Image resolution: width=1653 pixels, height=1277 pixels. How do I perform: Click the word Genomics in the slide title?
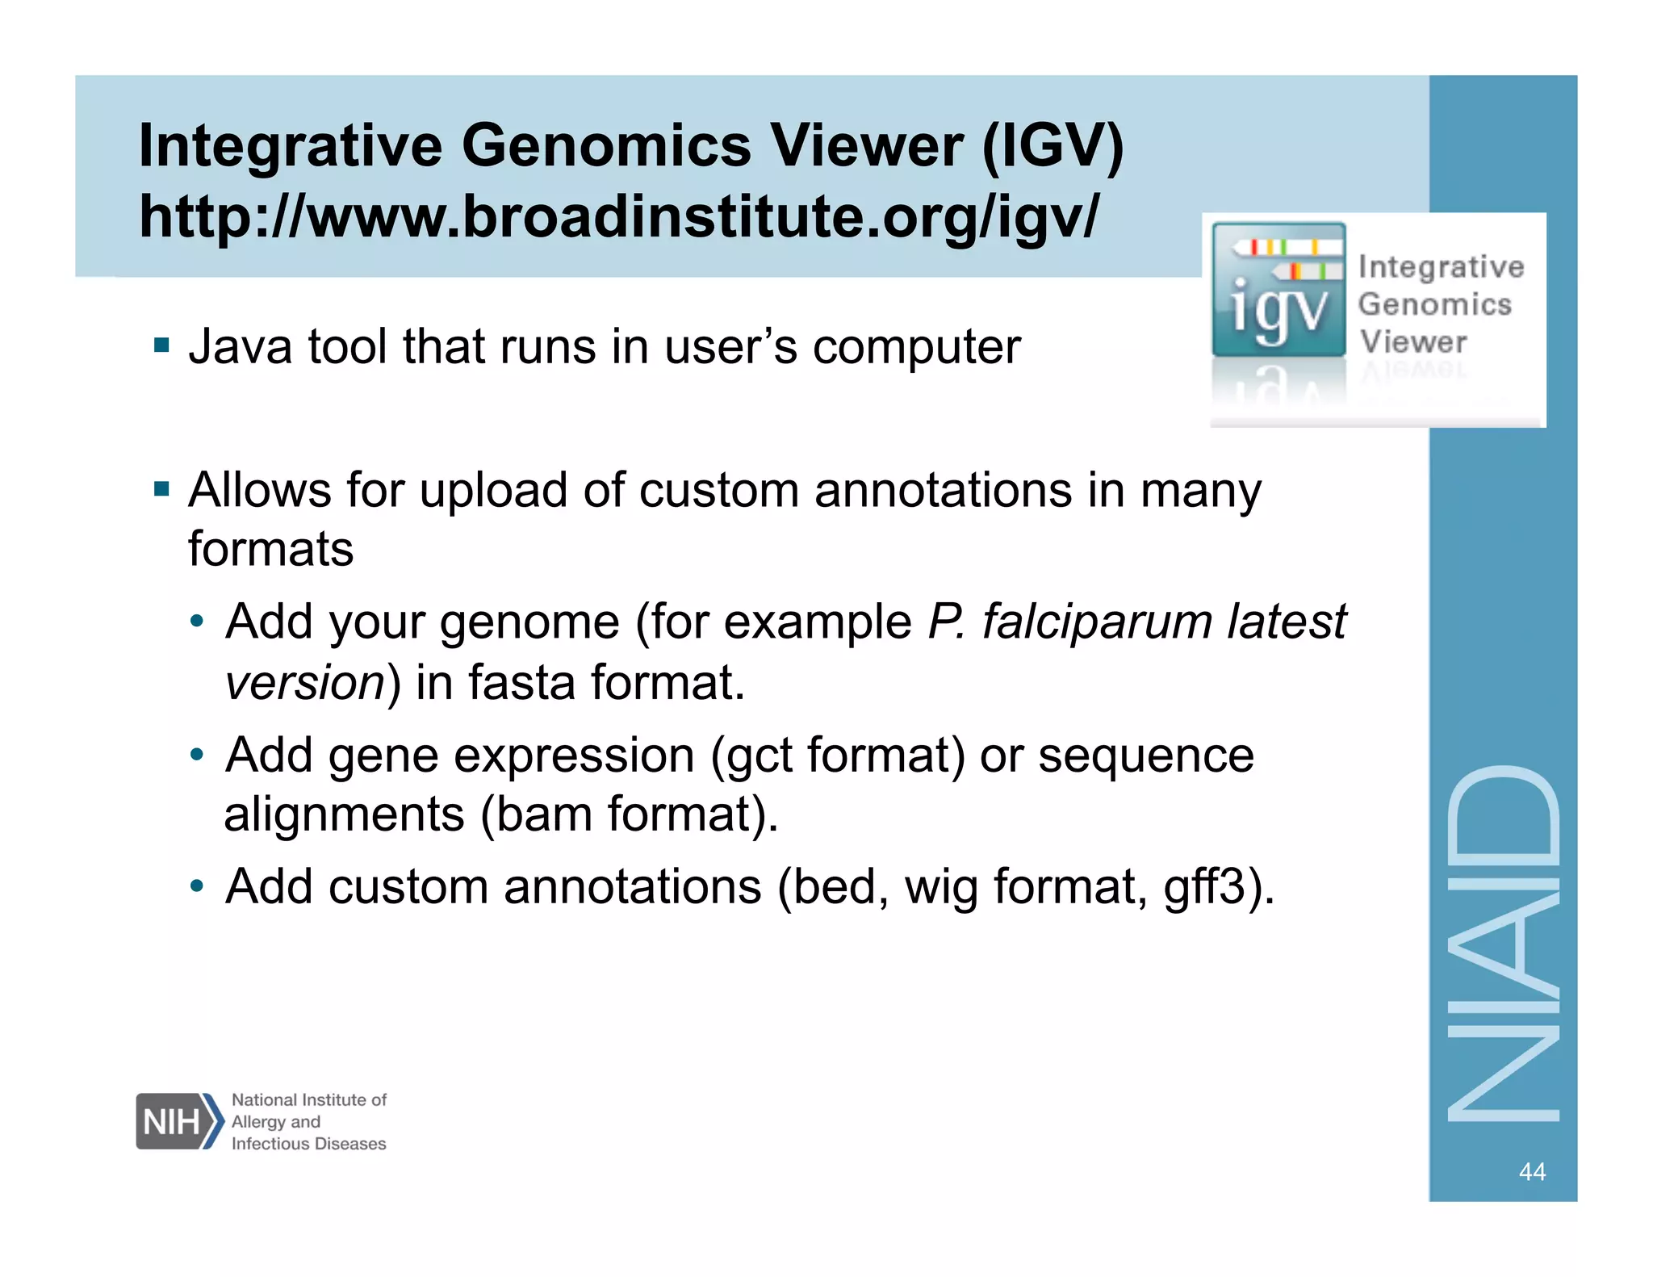point(605,147)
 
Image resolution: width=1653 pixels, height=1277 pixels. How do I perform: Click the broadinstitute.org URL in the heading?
point(618,218)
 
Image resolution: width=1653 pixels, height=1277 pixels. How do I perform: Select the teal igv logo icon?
point(1278,291)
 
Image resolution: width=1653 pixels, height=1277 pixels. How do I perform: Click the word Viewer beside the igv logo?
point(1412,342)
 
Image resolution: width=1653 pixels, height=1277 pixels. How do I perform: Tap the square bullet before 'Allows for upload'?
point(162,489)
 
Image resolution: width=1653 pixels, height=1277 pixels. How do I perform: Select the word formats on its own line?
point(270,551)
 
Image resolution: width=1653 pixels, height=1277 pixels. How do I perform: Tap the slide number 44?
point(1531,1171)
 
